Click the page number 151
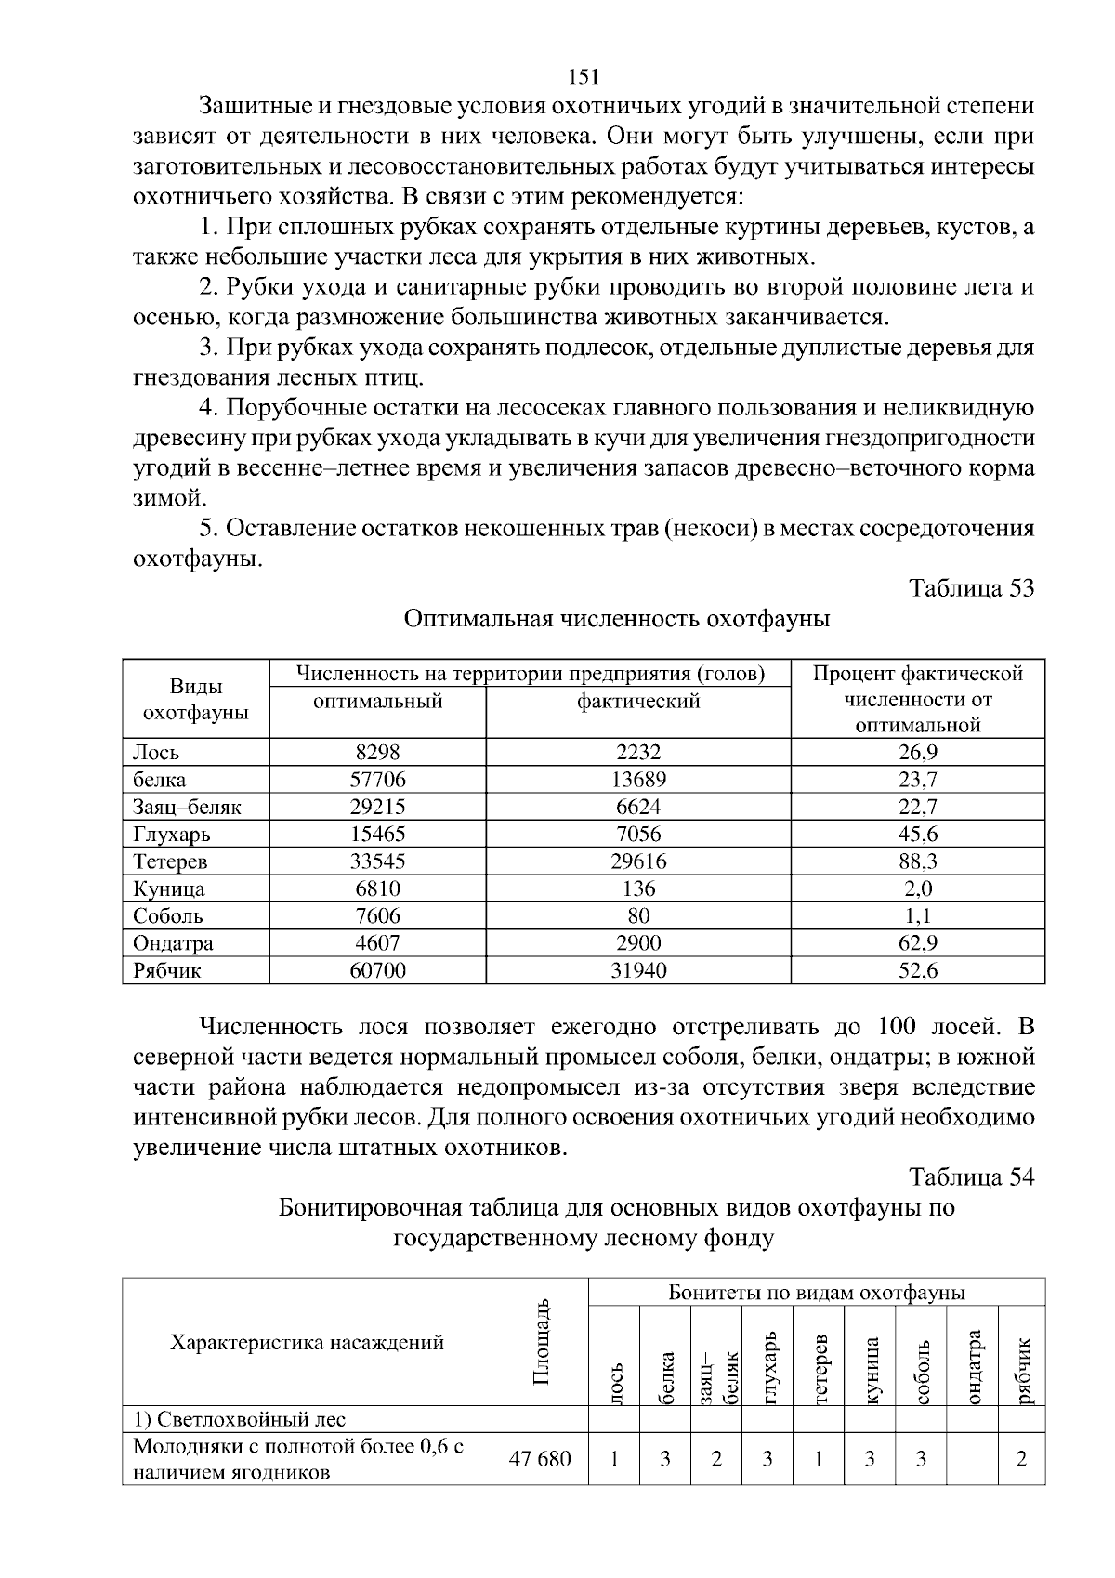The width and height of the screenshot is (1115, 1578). click(x=583, y=76)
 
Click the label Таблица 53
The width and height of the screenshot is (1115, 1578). click(x=971, y=588)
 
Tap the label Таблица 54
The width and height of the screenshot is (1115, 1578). click(x=971, y=1177)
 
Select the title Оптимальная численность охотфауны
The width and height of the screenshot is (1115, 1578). click(x=617, y=619)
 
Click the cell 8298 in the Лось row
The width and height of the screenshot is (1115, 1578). click(x=377, y=752)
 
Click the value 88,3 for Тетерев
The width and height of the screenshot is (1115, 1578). click(x=917, y=861)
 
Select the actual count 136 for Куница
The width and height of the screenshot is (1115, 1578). click(x=638, y=888)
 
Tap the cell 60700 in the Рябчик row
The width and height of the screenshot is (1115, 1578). click(x=377, y=971)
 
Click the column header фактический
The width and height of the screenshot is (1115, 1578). click(x=638, y=702)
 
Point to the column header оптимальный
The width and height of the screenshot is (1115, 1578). click(x=377, y=702)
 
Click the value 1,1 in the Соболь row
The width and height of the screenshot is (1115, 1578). click(x=917, y=916)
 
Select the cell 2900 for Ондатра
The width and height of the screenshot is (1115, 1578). click(x=638, y=943)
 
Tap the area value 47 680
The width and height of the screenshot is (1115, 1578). click(x=540, y=1458)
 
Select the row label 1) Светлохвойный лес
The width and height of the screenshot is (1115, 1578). click(x=239, y=1419)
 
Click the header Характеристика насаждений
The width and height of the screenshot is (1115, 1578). click(x=307, y=1343)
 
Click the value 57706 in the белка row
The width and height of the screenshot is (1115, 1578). click(x=377, y=779)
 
